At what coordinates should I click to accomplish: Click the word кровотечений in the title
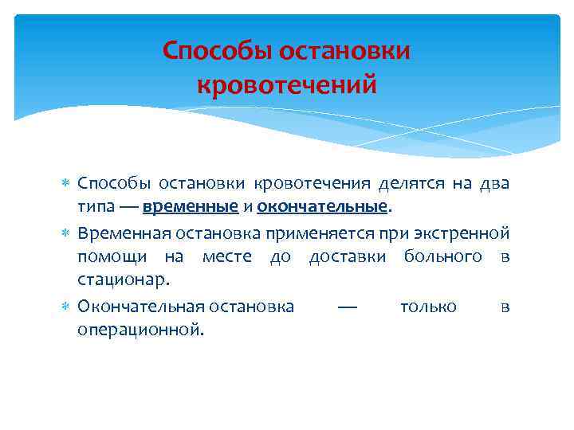click(x=286, y=84)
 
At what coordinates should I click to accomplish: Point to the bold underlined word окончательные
click(x=323, y=207)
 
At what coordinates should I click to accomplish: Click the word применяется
click(x=279, y=235)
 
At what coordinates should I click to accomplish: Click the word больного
click(x=442, y=256)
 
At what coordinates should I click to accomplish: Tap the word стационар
click(x=123, y=279)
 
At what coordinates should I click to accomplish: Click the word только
click(x=428, y=307)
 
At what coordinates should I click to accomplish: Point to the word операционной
click(x=140, y=329)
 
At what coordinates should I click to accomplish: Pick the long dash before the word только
click(x=347, y=307)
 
